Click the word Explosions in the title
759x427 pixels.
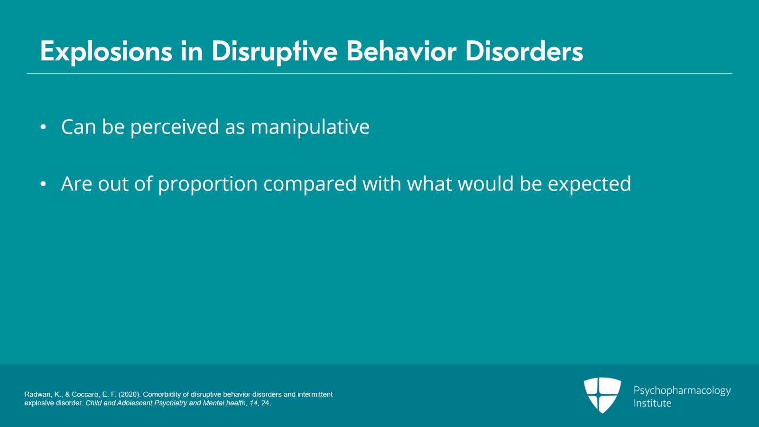coord(106,51)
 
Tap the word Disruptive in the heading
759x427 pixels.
coord(274,51)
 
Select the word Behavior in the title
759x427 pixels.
coord(401,51)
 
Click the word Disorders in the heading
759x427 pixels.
coord(524,51)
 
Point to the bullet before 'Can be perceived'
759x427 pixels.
coord(43,127)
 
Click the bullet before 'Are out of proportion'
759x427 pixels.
coord(43,184)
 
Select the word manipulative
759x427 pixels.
coord(310,127)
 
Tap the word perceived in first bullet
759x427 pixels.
coord(174,127)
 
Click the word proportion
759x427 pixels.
coord(207,184)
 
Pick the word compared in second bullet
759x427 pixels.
coord(310,184)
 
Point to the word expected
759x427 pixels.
coord(589,184)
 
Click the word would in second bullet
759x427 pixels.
coord(486,184)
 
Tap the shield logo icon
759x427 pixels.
coord(602,395)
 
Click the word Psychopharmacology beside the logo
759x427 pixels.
coord(682,390)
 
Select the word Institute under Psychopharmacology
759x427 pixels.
coord(652,403)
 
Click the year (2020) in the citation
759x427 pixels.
coord(130,394)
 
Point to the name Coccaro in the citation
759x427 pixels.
coord(85,394)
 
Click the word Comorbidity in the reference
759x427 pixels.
coord(162,394)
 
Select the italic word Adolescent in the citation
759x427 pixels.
coord(135,403)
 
